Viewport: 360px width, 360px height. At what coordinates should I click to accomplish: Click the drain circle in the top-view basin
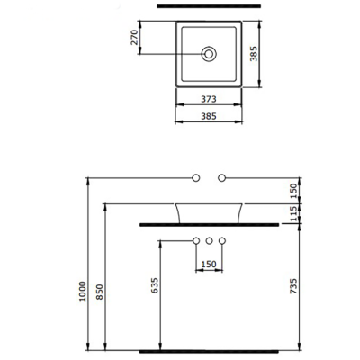[x=209, y=54]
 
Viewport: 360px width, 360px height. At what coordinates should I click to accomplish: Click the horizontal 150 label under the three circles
[x=209, y=265]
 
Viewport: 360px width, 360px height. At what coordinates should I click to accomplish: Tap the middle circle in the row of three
[x=209, y=241]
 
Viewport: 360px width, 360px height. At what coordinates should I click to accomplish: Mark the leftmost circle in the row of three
[x=196, y=241]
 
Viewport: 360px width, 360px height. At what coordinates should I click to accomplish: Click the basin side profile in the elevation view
[x=209, y=211]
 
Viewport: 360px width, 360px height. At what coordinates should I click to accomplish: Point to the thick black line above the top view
[x=209, y=6]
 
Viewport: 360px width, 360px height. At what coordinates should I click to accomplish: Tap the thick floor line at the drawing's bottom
[x=209, y=349]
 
